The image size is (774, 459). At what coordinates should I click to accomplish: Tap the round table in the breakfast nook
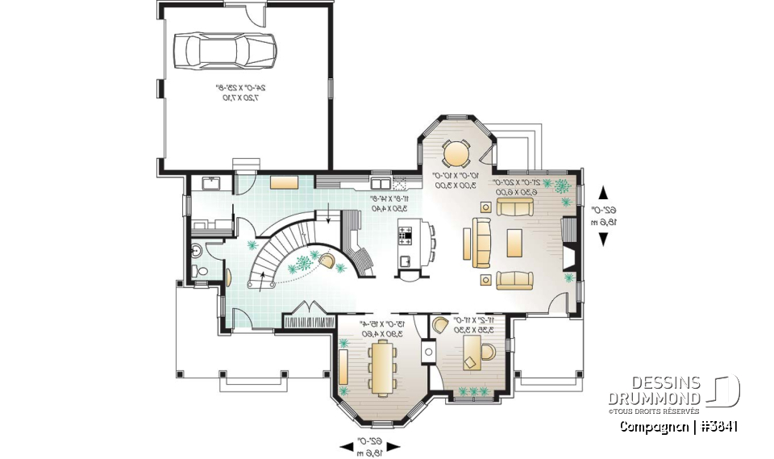click(457, 152)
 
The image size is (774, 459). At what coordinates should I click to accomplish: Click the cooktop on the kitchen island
click(406, 236)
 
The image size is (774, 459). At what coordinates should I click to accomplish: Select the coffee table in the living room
click(514, 240)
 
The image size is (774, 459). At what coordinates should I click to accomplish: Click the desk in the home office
click(471, 353)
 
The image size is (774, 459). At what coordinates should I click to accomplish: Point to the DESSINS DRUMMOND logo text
click(655, 390)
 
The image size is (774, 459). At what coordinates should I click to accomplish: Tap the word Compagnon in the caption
click(652, 427)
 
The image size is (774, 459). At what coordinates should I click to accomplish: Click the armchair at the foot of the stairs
click(330, 260)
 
